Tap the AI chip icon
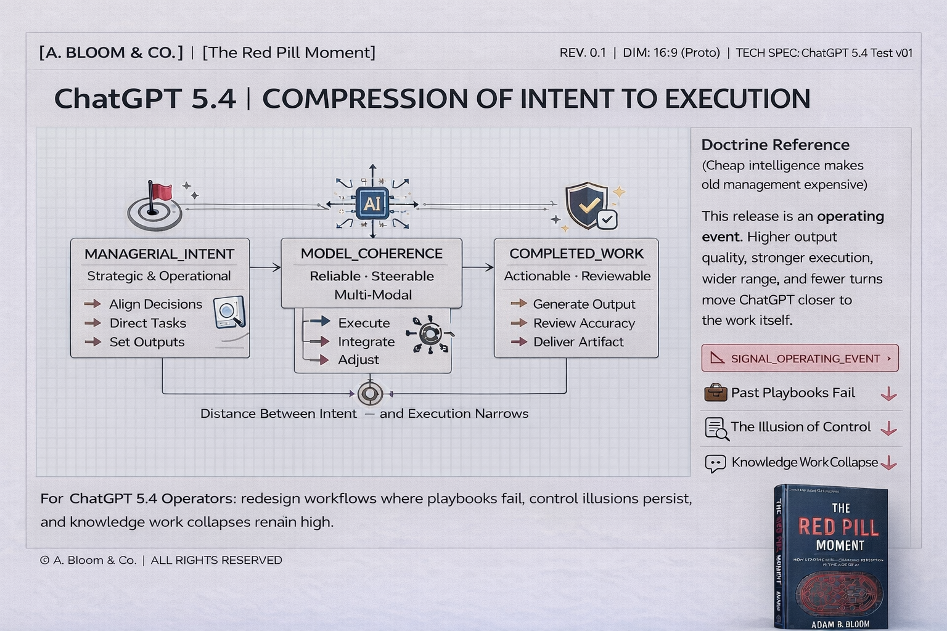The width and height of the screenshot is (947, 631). [x=372, y=203]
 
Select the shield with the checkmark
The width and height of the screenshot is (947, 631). [x=586, y=205]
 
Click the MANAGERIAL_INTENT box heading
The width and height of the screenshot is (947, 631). [x=159, y=254]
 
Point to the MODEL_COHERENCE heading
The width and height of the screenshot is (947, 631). [x=371, y=253]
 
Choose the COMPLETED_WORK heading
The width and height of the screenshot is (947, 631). [x=576, y=253]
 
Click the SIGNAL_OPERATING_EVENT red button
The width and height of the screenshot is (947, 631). [x=800, y=358]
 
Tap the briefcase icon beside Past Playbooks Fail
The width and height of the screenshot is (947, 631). [x=715, y=393]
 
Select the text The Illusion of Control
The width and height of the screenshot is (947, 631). [x=800, y=426]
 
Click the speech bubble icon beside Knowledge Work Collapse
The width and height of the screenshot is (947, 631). [x=715, y=463]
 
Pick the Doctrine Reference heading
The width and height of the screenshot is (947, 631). [x=775, y=145]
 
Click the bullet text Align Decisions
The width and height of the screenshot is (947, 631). [x=155, y=304]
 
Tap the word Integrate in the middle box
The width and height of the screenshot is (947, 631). [x=366, y=341]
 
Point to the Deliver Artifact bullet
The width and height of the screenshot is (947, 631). [x=578, y=341]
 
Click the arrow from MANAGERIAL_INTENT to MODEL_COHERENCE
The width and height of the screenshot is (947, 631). [x=265, y=267]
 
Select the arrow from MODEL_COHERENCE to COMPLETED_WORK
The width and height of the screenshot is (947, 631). [x=478, y=267]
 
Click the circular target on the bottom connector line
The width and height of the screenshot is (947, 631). [x=370, y=393]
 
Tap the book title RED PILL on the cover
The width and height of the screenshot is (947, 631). [x=839, y=527]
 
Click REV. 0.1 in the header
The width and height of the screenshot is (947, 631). [x=583, y=53]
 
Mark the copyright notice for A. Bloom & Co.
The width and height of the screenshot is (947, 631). [x=161, y=560]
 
